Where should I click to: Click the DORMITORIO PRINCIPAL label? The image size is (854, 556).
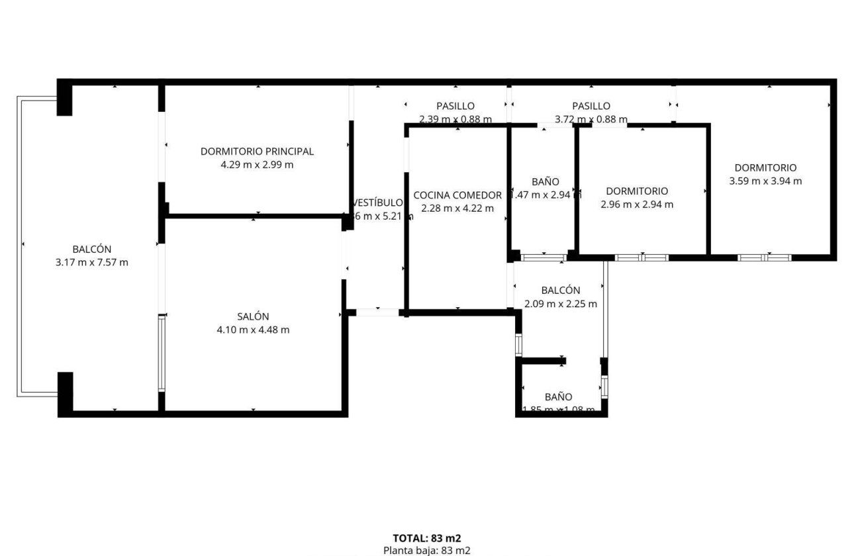coord(257,152)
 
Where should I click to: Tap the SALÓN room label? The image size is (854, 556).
coord(253,316)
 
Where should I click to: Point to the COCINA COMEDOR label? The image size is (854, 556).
coord(457,195)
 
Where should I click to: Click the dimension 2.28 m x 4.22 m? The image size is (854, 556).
coord(457,208)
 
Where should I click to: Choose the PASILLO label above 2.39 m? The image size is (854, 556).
coord(455,106)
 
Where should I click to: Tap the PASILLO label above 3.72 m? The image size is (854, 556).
coord(591,106)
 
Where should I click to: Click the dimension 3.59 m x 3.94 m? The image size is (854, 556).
coord(765,181)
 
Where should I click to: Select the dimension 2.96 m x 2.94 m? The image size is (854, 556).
coord(637,205)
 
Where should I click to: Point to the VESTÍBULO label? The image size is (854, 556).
coord(378,203)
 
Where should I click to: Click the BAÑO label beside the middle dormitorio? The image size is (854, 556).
coord(546,181)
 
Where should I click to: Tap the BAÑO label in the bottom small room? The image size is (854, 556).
coord(559,396)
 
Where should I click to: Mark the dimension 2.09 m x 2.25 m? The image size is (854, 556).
coord(560,304)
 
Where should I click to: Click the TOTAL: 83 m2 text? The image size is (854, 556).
coord(427,538)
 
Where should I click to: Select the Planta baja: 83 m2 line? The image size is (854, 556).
coord(427,550)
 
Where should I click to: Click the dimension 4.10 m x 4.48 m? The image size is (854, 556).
coord(253,330)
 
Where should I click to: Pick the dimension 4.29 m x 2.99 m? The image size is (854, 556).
coord(257,165)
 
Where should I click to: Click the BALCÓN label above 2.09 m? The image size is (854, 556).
coord(560,290)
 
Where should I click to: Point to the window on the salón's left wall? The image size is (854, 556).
coord(162,354)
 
